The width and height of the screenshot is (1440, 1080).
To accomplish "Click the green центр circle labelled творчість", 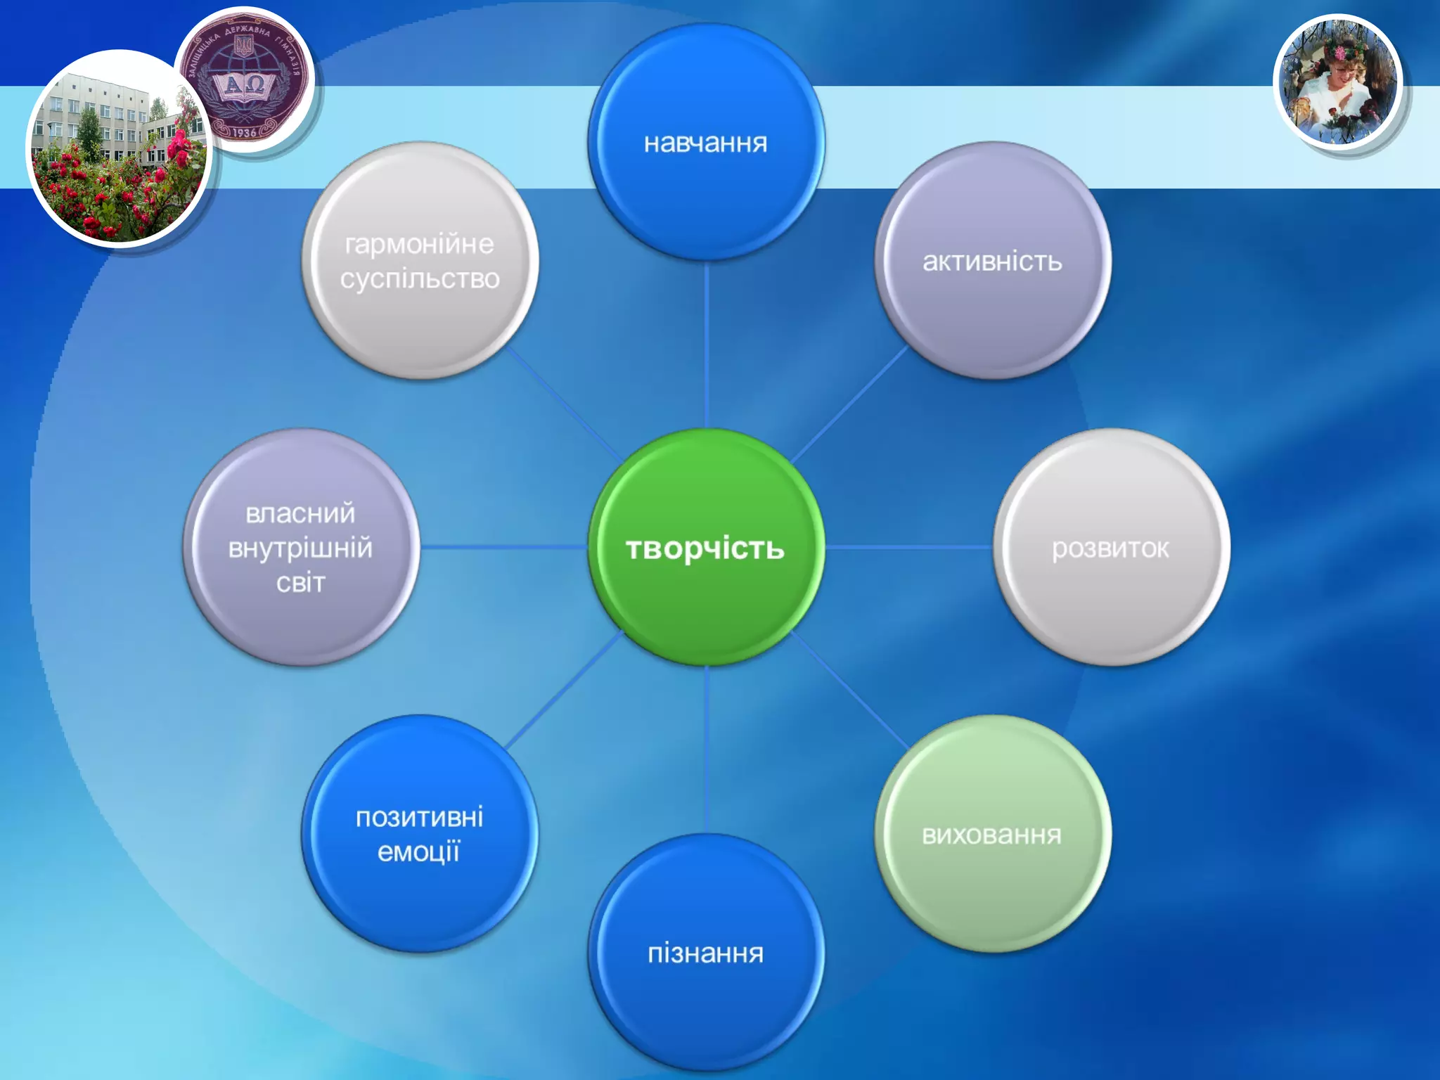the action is pyautogui.click(x=705, y=547).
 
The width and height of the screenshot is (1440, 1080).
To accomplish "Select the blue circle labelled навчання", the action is pyautogui.click(x=705, y=142).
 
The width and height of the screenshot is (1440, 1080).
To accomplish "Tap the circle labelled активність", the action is pyautogui.click(x=992, y=261).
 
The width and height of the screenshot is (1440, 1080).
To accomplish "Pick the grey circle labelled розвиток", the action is pyautogui.click(x=1111, y=547).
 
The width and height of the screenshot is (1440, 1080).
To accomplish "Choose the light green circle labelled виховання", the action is pyautogui.click(x=992, y=834).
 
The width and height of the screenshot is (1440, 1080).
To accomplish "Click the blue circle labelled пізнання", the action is pyautogui.click(x=705, y=953).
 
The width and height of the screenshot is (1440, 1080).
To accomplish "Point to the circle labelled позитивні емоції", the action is pyautogui.click(x=420, y=834).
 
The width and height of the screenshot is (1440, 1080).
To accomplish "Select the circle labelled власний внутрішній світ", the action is pyautogui.click(x=301, y=547).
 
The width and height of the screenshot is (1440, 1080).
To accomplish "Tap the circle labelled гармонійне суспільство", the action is pyautogui.click(x=420, y=261).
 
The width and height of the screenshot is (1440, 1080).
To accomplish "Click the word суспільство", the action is pyautogui.click(x=420, y=279).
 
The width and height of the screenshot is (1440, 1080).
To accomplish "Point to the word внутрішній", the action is pyautogui.click(x=300, y=548).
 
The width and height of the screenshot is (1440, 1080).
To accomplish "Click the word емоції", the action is pyautogui.click(x=419, y=852).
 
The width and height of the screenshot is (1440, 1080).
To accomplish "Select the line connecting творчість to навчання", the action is pyautogui.click(x=706, y=345).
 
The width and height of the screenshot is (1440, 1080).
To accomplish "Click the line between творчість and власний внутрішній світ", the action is pyautogui.click(x=503, y=547).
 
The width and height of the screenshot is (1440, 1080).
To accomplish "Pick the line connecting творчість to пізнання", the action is pyautogui.click(x=706, y=750).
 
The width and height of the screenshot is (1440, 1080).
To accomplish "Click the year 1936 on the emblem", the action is pyautogui.click(x=244, y=132).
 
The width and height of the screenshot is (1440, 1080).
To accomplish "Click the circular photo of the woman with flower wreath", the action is pyautogui.click(x=1338, y=83).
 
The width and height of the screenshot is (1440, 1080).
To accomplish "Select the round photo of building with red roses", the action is pyautogui.click(x=120, y=149).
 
